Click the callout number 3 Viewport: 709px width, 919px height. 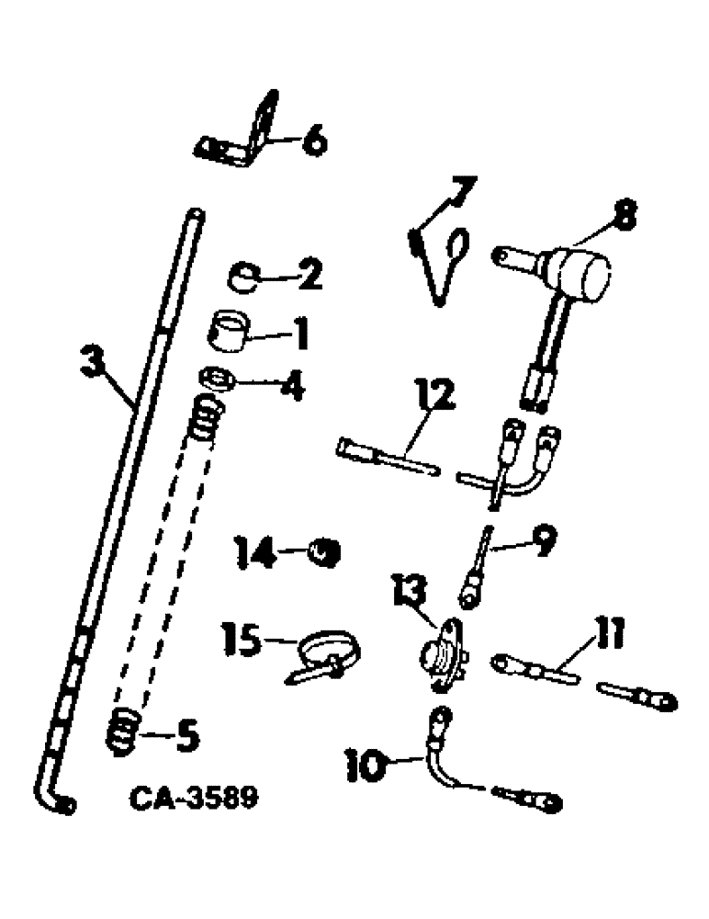pyautogui.click(x=90, y=361)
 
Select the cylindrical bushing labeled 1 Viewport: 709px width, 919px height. pyautogui.click(x=230, y=330)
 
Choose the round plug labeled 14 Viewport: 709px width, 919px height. pyautogui.click(x=323, y=553)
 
